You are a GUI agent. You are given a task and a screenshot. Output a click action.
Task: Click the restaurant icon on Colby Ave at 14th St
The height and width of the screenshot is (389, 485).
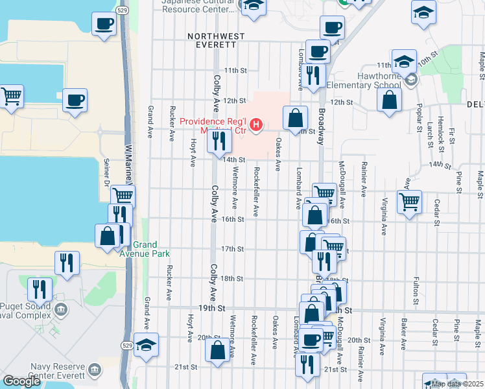tap(220, 141)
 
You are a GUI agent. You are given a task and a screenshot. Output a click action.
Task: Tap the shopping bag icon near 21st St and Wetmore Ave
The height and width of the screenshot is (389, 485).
tap(218, 349)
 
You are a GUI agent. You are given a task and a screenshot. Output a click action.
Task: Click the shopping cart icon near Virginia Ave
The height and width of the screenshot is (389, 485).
tap(410, 202)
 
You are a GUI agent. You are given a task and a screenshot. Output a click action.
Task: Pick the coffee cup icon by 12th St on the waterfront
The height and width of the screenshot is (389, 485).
tap(75, 100)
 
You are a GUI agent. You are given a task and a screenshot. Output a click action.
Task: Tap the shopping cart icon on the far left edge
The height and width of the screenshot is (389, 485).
tap(11, 96)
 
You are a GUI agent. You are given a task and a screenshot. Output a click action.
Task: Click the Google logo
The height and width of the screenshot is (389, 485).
tap(21, 381)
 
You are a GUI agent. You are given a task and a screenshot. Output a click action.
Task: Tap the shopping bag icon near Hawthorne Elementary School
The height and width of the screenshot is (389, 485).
tap(389, 100)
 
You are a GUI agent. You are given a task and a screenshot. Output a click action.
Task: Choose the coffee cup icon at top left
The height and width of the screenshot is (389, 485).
tap(104, 25)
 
